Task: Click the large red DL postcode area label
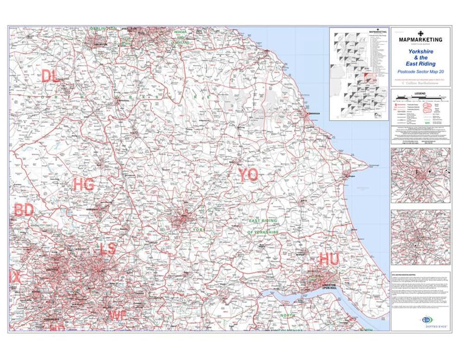[50, 75]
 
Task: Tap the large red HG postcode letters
[84, 185]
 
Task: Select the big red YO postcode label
[248, 175]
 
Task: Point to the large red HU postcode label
[329, 260]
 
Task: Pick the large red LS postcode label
[108, 248]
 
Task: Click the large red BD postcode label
[24, 211]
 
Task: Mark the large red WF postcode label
[118, 316]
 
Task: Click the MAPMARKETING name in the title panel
[420, 40]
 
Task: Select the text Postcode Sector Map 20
[420, 72]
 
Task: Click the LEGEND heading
[420, 93]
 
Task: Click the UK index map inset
[359, 74]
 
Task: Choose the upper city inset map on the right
[420, 176]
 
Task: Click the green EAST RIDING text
[263, 222]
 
